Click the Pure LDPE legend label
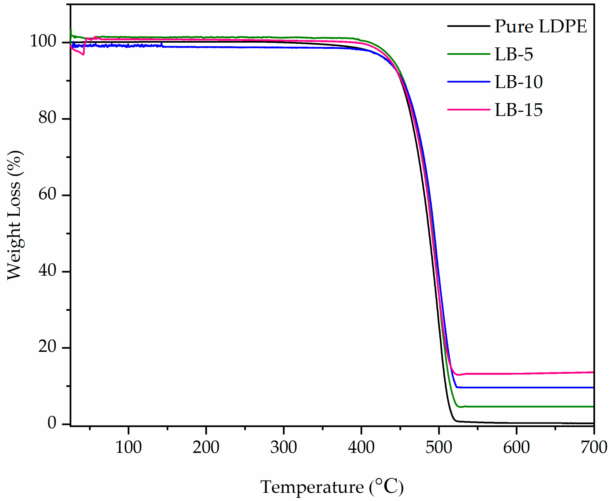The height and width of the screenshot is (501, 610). point(540,26)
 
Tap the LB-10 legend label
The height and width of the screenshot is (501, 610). point(518,82)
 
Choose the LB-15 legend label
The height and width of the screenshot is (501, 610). point(518,110)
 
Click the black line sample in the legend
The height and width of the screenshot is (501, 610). point(468,26)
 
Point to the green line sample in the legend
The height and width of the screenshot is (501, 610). point(468,54)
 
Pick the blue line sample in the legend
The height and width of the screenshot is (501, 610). point(468,82)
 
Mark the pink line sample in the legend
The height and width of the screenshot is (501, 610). point(468,110)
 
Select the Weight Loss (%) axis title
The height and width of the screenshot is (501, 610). point(15,215)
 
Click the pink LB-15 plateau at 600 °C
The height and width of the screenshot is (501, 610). point(516,373)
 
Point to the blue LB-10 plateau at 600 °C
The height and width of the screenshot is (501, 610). point(516,387)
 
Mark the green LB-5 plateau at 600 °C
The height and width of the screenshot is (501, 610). point(516,406)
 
